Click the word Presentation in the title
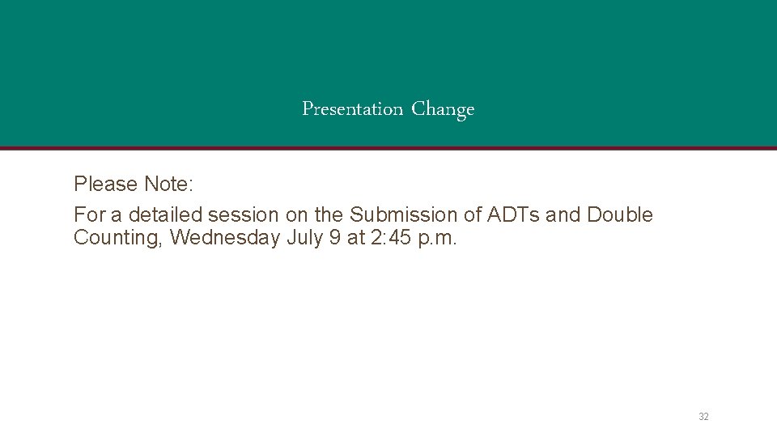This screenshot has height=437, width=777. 352,108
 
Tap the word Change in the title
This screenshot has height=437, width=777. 443,109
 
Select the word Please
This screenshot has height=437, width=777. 106,185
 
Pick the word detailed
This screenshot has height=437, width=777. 165,215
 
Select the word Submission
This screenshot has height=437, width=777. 393,215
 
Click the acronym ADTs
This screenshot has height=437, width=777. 514,215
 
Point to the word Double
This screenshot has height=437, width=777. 620,215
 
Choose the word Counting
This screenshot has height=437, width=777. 117,239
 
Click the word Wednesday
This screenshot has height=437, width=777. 224,239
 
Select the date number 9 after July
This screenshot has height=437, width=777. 335,239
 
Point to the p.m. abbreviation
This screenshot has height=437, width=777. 439,239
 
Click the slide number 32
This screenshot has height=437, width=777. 703,417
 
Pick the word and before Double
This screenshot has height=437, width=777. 563,215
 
